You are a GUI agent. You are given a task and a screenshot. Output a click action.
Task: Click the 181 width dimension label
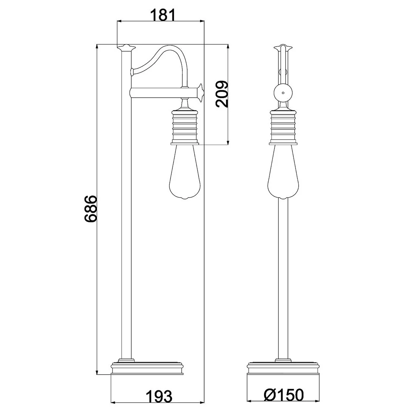(162, 15)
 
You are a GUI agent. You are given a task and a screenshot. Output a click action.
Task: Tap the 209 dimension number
(222, 94)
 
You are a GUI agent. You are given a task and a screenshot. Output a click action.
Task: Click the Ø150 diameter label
(284, 394)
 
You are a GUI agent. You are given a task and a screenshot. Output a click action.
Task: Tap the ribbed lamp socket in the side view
(185, 127)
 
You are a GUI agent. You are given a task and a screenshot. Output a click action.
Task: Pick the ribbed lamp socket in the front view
(283, 127)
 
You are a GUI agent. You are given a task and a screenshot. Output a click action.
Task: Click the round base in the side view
(147, 368)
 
